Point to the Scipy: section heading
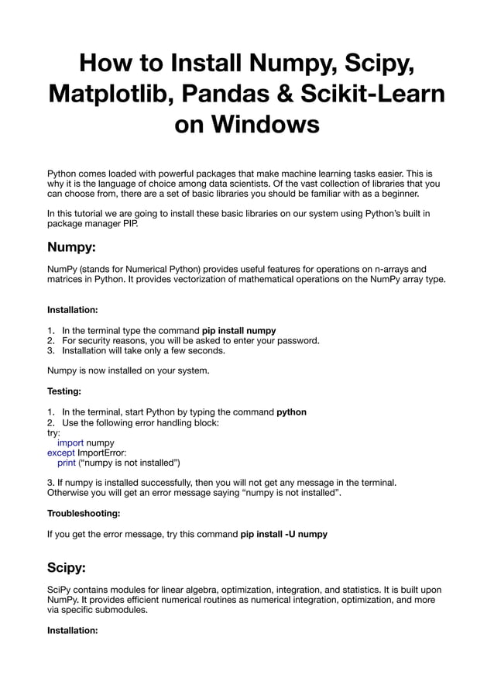tap(67, 567)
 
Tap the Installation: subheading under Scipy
tap(72, 630)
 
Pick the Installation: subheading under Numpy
tap(72, 309)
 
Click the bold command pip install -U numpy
tap(283, 534)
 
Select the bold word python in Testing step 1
tap(291, 412)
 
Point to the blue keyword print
tap(67, 463)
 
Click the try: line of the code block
tap(53, 432)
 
